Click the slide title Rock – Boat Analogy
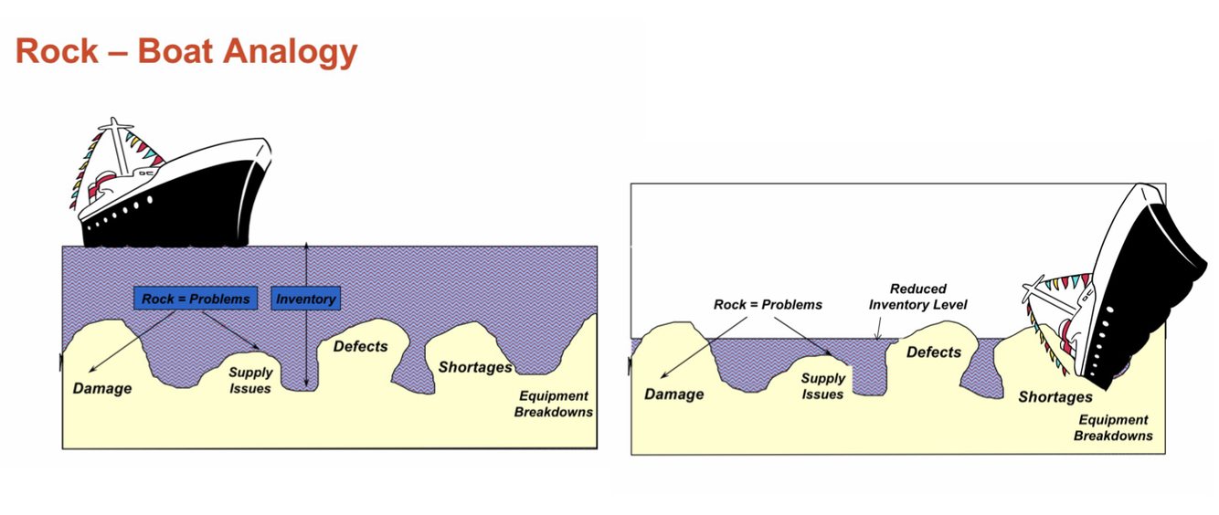[185, 52]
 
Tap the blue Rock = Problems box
[196, 299]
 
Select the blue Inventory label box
[306, 299]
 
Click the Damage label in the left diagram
[102, 388]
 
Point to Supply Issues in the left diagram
[250, 381]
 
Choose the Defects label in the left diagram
[360, 346]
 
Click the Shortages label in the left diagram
[475, 367]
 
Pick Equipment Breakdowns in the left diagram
[553, 405]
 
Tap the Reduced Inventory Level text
[917, 296]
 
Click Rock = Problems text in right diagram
[768, 304]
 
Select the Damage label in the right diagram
[674, 394]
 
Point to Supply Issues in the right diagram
[822, 386]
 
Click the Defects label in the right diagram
[933, 352]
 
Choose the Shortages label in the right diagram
[1055, 397]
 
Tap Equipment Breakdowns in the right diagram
[1112, 428]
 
